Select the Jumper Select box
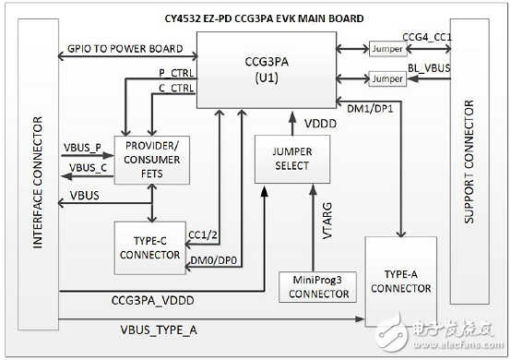pyautogui.click(x=292, y=159)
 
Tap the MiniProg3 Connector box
pyautogui.click(x=315, y=285)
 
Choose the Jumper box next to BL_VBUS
pyautogui.click(x=385, y=79)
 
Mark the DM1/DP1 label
pyautogui.click(x=367, y=109)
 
